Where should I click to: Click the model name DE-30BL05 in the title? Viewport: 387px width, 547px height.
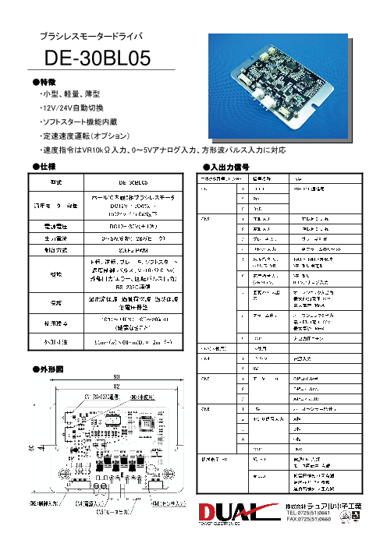coord(98,58)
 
